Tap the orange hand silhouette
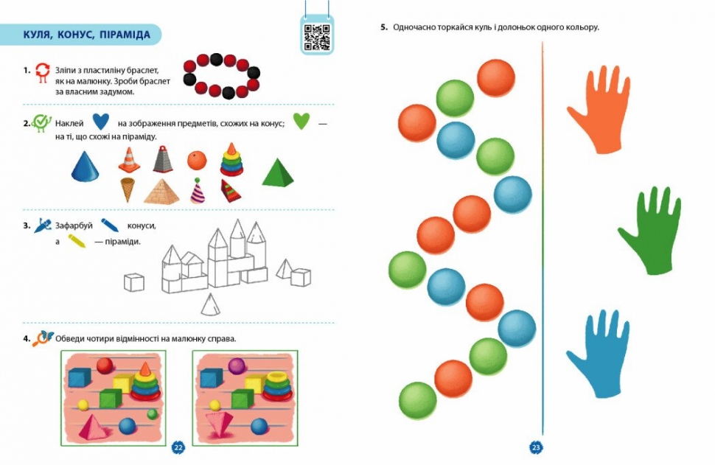coord(599,112)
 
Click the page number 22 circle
coord(178,447)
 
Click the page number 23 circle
coord(536,447)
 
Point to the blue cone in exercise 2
coord(86,167)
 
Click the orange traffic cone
coord(129,160)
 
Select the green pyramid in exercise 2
coord(278,172)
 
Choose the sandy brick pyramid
coord(161,192)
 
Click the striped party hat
coord(198,191)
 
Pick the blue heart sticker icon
coord(101,122)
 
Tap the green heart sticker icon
coord(301,121)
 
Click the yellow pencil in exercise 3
coord(77,241)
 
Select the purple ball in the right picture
coord(237,366)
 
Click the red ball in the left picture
coord(105,366)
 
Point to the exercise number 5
coord(383,27)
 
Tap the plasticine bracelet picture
coord(222,76)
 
